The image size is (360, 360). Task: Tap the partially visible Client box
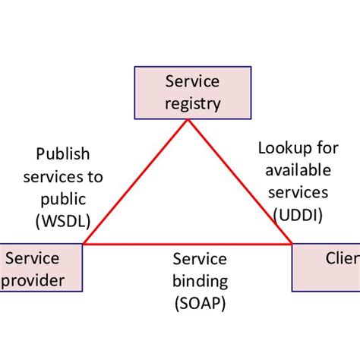[x=327, y=268]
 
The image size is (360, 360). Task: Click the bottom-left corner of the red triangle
[x=84, y=245]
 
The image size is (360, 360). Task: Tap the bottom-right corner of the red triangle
[x=292, y=245]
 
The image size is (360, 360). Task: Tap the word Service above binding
[x=200, y=259]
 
